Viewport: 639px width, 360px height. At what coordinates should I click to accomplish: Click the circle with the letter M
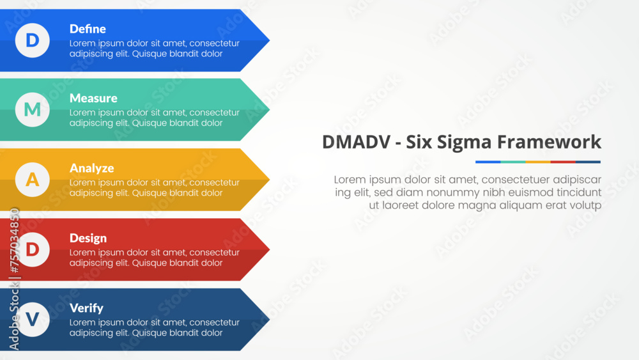[32, 110]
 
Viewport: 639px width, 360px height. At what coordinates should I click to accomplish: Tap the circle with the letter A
[32, 180]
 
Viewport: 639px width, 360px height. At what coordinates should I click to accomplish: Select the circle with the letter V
[32, 320]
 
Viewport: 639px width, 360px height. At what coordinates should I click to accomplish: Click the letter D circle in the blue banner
[32, 40]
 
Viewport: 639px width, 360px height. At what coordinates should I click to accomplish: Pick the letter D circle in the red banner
[32, 249]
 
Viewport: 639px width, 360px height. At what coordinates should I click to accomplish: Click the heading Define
[88, 29]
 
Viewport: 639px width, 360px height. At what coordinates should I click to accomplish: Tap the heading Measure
[93, 98]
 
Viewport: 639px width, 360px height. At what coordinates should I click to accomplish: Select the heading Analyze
[91, 168]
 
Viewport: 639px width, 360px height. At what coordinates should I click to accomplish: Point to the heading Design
[88, 238]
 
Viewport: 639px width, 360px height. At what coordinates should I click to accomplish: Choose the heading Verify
[86, 308]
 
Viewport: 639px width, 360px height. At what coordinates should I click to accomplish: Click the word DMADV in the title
[355, 142]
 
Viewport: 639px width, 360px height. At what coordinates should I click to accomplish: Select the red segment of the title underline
[563, 162]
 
